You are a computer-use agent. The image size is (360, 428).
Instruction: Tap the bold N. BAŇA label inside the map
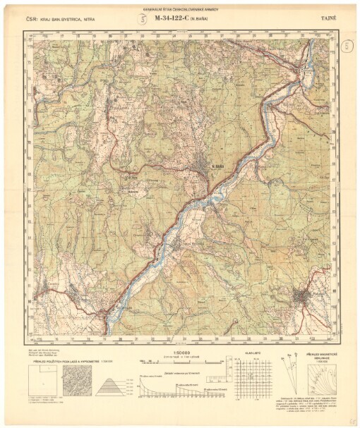(217, 166)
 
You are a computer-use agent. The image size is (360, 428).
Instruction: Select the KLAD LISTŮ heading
(253, 353)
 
